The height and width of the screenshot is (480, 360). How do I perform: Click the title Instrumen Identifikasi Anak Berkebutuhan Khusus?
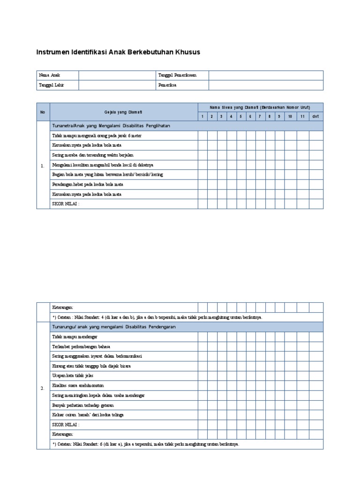coord(118,52)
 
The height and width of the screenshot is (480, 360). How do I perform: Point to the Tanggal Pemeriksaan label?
coord(177,75)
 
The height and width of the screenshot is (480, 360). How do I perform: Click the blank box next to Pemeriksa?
coord(266,85)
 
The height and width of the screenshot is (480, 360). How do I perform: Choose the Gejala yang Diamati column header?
coord(123,112)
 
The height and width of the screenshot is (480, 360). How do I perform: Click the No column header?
coord(43,112)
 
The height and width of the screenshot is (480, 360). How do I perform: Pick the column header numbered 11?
coord(303,116)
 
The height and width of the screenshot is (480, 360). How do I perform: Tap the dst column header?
coord(316,116)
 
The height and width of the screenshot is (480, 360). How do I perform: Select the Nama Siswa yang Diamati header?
coord(260,107)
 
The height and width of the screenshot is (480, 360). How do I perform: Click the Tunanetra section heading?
coord(111,126)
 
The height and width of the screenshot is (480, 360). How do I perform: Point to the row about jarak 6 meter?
coord(97,135)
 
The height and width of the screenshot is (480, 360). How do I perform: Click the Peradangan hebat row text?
coord(88,184)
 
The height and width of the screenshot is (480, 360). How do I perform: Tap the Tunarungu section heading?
coord(114,327)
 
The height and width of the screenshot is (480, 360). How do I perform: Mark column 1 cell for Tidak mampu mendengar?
coord(202,337)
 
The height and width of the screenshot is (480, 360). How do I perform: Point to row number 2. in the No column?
coord(43,388)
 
